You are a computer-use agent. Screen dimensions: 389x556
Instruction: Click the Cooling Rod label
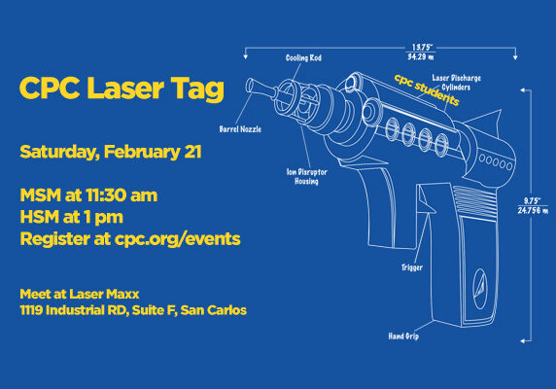coord(304,57)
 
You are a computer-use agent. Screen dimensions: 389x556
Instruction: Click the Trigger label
coord(413,265)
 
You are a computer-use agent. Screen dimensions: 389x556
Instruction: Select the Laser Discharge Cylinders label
coord(457,80)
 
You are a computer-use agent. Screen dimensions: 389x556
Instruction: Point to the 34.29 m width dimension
coord(421,56)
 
